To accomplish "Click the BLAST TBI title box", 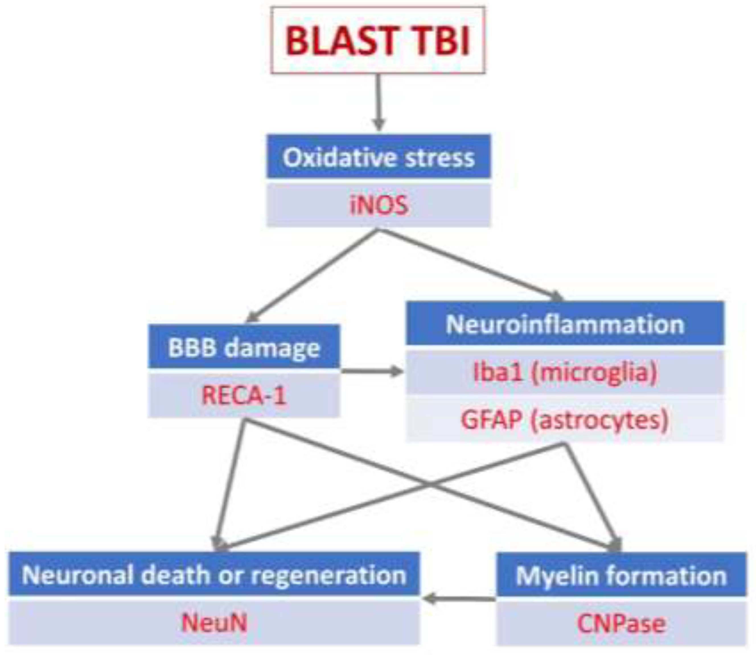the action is click(378, 40).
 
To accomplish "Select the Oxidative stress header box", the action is click(379, 156).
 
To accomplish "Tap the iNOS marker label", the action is click(379, 205).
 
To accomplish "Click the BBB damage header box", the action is click(244, 346).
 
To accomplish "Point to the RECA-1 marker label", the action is click(244, 395).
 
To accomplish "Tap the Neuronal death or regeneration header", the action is click(214, 574).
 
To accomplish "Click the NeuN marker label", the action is click(214, 623).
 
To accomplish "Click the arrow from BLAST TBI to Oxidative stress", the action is click(379, 102).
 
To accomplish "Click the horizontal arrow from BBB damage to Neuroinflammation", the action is click(372, 372).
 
